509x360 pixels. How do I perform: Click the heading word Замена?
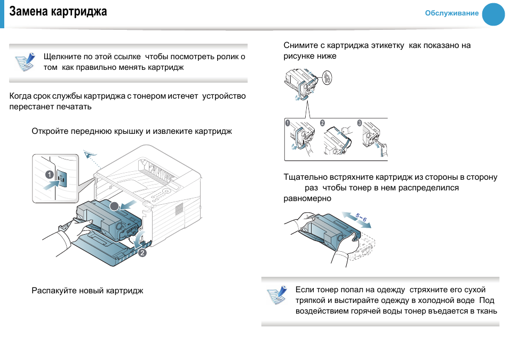tap(27, 12)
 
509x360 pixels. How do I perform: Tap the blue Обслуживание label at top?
tap(451, 13)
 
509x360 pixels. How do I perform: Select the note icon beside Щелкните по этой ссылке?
tap(24, 62)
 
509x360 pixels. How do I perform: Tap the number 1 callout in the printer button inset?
tap(49, 174)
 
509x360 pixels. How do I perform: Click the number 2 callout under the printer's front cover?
tap(142, 253)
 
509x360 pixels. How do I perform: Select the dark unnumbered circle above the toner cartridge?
tap(114, 206)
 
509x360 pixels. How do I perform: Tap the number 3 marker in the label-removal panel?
tap(360, 123)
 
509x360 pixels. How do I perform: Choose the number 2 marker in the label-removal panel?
tap(322, 123)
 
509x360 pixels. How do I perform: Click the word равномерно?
tap(307, 198)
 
